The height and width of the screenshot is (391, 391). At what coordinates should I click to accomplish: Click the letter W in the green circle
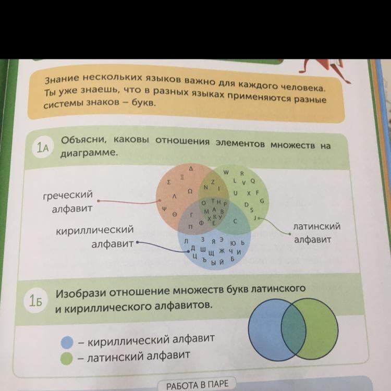pos(226,172)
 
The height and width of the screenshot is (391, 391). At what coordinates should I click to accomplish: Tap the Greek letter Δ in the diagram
pos(191,169)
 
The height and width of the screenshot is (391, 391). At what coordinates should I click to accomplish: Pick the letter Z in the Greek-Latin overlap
pos(213,181)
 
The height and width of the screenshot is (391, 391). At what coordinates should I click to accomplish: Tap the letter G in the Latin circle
pos(262,201)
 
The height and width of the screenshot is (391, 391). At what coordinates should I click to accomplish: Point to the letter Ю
pos(231,243)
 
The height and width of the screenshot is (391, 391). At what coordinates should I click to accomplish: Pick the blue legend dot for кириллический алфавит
pos(67,342)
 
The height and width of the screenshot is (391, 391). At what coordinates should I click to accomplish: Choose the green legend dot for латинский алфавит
pos(66,358)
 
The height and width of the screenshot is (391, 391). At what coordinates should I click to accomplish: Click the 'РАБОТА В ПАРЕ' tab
pos(197,386)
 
